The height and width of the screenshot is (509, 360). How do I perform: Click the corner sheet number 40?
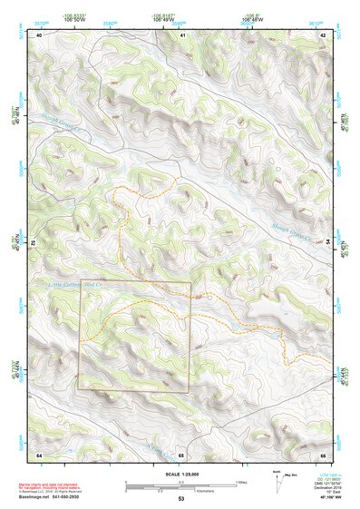[39, 34]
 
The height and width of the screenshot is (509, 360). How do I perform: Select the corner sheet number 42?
[323, 34]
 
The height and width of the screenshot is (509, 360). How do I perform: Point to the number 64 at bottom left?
[39, 454]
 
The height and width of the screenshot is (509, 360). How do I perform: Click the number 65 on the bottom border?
[181, 454]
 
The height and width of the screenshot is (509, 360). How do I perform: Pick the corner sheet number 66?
[323, 454]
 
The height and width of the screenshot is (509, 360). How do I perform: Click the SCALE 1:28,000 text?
[180, 475]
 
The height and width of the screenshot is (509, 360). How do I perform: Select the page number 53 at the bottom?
[180, 499]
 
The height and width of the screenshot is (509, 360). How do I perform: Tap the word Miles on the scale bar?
[239, 481]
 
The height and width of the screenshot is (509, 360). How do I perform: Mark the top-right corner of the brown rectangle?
[190, 282]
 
